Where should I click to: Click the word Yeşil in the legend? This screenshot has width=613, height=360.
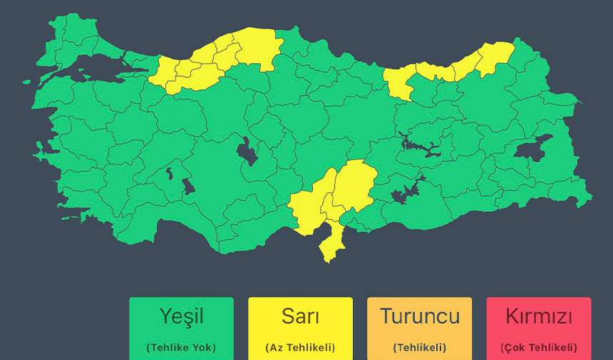[181, 316]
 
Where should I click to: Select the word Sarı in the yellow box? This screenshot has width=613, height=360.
[300, 316]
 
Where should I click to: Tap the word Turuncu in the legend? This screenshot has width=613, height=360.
[419, 316]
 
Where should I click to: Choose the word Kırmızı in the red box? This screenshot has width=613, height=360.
[539, 316]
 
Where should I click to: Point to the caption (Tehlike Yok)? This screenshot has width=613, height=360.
[181, 348]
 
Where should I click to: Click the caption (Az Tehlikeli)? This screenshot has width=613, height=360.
[300, 348]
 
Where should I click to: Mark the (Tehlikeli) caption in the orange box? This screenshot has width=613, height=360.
[419, 348]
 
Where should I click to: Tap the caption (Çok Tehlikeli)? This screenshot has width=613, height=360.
[539, 348]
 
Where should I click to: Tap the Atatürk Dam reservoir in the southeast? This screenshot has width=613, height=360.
[405, 191]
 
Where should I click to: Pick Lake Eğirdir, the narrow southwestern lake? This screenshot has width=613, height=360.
[169, 173]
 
